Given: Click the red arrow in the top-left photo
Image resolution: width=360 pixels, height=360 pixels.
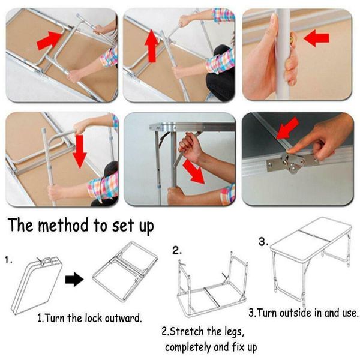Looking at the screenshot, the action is tap(50, 41).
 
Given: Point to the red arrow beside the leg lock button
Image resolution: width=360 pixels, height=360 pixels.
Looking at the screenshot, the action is tap(316, 38).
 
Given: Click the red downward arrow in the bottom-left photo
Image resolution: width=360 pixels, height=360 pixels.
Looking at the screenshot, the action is tap(79, 151).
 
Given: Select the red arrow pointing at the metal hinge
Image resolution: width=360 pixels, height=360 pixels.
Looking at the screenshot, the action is tap(287, 128).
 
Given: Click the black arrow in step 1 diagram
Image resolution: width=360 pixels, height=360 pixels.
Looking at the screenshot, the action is tap(74, 280).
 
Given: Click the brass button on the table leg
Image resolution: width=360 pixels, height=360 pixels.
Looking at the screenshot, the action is tap(293, 38).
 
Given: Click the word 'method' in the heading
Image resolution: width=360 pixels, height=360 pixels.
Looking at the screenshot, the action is tap(63, 225).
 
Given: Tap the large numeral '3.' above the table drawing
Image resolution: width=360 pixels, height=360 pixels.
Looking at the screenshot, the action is tap(263, 242).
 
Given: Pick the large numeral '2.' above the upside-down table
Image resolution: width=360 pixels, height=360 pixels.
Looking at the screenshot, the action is tap(177, 250).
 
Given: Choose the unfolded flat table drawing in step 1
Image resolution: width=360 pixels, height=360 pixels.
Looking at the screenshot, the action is tap(125, 271).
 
